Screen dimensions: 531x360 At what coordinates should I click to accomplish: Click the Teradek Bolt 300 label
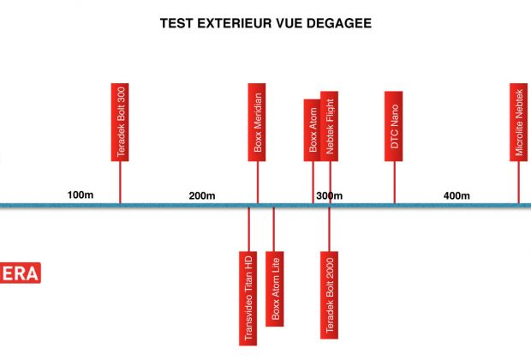click(120, 122)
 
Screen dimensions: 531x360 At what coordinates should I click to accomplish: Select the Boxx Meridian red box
click(257, 122)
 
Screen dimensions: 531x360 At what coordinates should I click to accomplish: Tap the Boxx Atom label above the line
click(313, 130)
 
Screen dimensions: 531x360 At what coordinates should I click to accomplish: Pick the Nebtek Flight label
click(329, 126)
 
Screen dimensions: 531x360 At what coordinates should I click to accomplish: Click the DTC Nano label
click(393, 126)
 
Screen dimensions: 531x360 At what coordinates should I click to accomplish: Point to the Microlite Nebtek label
click(519, 122)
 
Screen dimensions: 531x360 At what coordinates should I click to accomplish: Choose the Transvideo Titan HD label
click(248, 298)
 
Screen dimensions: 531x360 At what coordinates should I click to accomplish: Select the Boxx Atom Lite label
click(275, 289)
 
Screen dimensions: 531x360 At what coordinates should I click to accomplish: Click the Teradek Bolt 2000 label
click(329, 295)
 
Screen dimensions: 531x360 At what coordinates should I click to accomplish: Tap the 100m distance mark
click(81, 195)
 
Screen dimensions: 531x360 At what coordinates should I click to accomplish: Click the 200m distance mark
click(202, 195)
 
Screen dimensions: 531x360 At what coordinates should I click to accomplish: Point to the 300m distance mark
click(330, 195)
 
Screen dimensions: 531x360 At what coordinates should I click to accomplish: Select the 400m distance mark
click(456, 195)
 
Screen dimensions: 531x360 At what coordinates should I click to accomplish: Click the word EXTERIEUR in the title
click(235, 23)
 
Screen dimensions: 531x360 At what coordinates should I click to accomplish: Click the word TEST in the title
click(176, 23)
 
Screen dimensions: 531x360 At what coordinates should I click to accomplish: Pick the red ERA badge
click(20, 273)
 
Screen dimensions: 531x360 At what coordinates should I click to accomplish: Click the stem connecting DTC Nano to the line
click(394, 183)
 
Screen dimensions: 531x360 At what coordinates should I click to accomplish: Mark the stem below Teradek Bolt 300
click(120, 183)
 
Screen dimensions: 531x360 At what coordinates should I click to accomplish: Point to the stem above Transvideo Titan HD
click(249, 229)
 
